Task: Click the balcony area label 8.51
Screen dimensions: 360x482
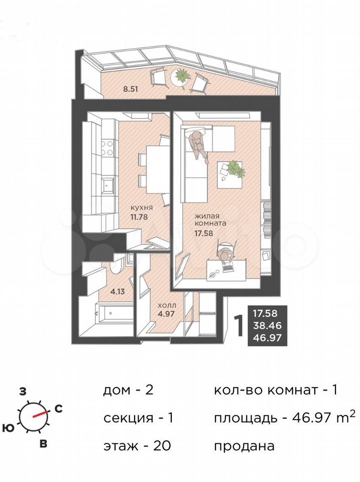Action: tap(130, 89)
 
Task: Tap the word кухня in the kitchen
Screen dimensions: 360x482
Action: tap(142, 208)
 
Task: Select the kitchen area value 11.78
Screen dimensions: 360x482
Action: tap(139, 217)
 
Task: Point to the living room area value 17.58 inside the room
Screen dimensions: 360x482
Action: tap(203, 233)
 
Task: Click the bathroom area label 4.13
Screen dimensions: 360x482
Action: tap(118, 291)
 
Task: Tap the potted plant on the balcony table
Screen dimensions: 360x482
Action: tap(181, 75)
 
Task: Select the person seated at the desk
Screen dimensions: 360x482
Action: tap(225, 257)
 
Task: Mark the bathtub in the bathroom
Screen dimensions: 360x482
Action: tap(111, 313)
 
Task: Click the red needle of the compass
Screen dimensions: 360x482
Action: tap(40, 414)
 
